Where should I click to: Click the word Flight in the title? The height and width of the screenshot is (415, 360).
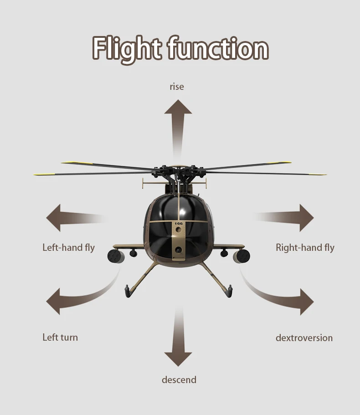pos(127,48)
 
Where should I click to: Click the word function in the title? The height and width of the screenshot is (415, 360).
pos(218,48)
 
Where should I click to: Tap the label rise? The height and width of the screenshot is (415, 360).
pos(177,87)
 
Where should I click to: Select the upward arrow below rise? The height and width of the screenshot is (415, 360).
pos(178,121)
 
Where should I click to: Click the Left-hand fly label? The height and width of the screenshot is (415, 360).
pos(68,248)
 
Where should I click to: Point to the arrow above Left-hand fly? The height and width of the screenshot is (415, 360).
pos(68,218)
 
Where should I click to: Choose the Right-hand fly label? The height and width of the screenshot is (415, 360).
pos(305,248)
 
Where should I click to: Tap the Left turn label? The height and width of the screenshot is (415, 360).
pos(60,337)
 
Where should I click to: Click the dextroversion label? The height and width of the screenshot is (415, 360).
pos(304,338)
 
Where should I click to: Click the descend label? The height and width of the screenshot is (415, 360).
pos(179,380)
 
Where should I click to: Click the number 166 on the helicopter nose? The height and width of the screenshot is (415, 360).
pos(178,223)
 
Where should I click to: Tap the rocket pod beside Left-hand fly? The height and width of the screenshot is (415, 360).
pos(115,256)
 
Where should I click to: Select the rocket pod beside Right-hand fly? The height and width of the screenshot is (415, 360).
pos(242,256)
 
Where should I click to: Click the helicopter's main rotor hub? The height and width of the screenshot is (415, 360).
pos(178,173)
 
